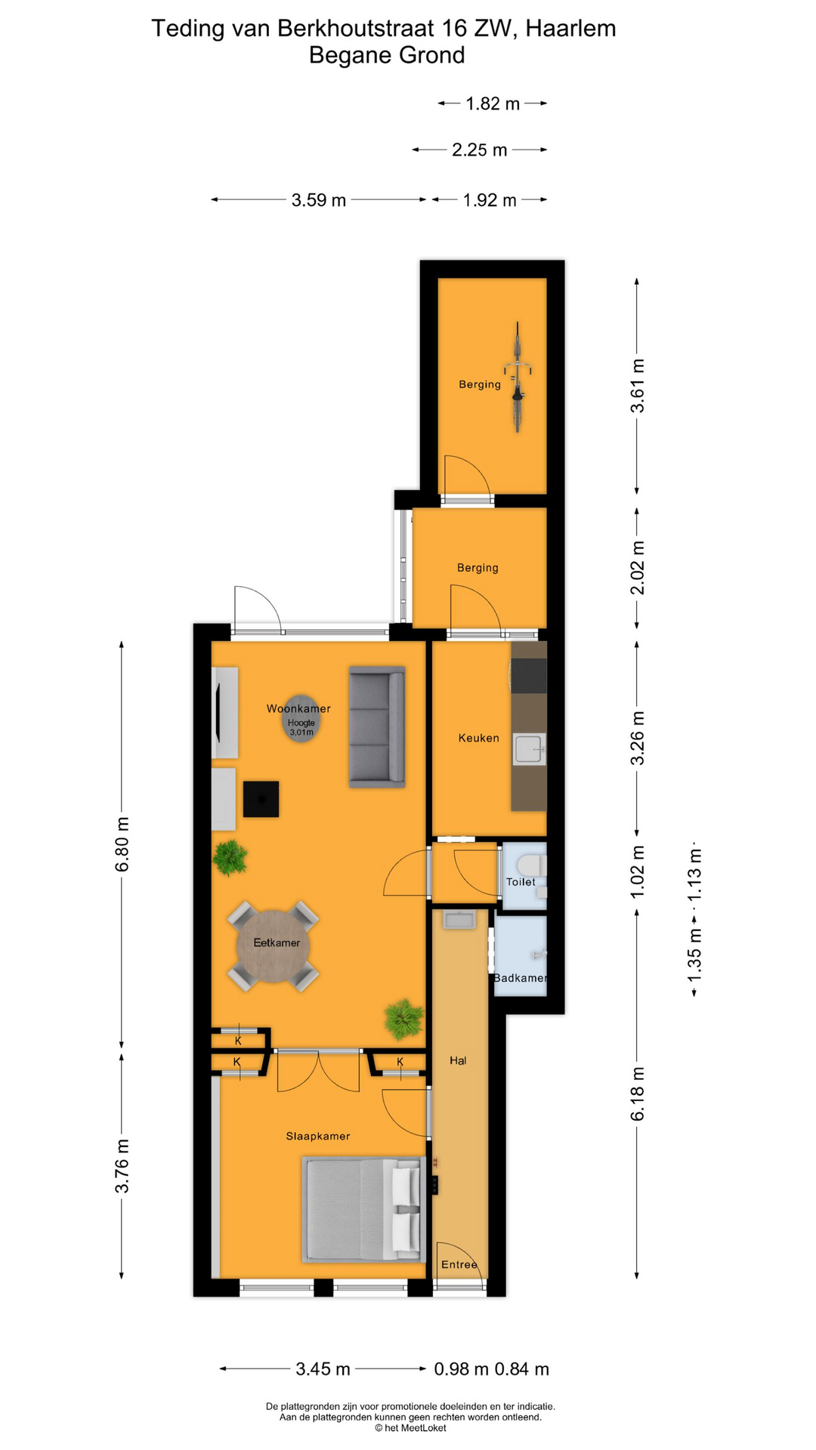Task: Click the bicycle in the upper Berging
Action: coord(518,377)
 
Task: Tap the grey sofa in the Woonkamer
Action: coord(377,727)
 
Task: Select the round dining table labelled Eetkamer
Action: coord(274,946)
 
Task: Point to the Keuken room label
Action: coord(478,738)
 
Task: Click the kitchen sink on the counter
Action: coord(529,750)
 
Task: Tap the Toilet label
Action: coord(521,881)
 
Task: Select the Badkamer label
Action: coord(520,978)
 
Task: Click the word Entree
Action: coord(459,1264)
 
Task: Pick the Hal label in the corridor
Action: coord(458,1060)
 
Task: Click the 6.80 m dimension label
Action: coord(122,844)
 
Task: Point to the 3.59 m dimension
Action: coord(319,200)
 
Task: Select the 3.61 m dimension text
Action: coord(638,386)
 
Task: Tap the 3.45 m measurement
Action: coord(323,1368)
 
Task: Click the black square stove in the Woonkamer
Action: coord(261,799)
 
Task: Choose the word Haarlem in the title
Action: coord(570,29)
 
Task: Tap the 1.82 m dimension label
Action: coord(493,103)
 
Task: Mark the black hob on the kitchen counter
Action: coord(529,675)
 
